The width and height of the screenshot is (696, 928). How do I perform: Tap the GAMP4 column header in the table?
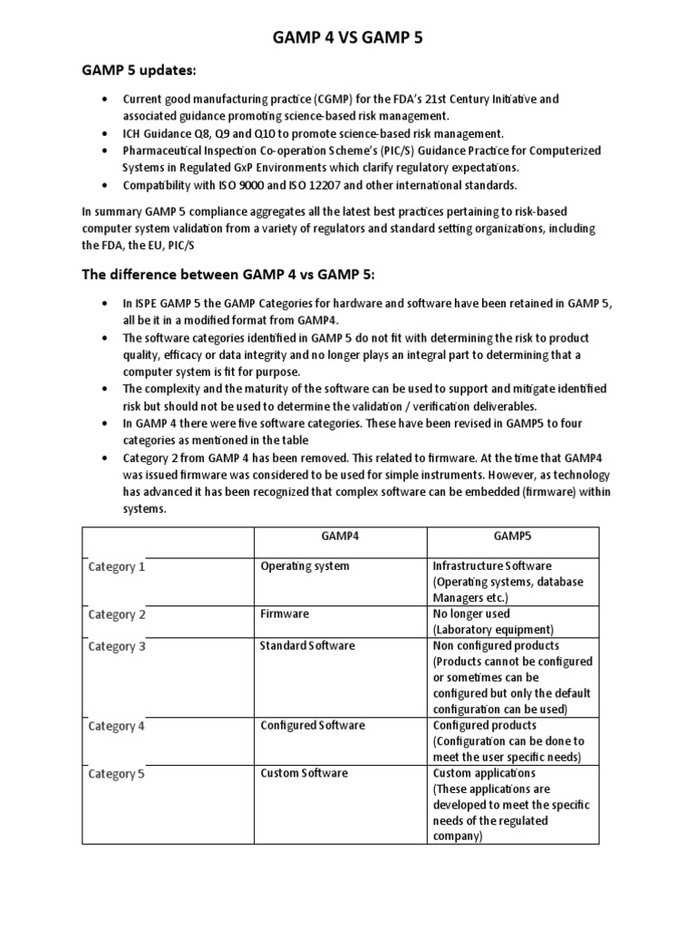coord(340,536)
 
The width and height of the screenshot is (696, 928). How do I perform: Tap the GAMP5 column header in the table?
coord(512,536)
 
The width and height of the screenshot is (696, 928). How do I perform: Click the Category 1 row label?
coord(117,567)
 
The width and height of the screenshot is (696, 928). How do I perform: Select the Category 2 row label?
coord(117,614)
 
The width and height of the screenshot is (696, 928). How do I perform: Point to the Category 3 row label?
coord(117,647)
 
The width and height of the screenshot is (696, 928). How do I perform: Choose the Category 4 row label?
coord(117,726)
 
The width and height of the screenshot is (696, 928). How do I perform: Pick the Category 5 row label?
coord(117,774)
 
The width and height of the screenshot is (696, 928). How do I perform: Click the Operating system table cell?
coord(304,566)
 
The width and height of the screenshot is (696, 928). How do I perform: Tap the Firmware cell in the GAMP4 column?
coord(285,614)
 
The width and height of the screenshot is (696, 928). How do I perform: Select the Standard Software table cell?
coord(308,645)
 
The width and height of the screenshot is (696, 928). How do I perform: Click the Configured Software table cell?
coord(313,725)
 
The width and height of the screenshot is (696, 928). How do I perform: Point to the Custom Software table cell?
coord(304,773)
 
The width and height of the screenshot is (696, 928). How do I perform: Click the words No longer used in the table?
coord(471,614)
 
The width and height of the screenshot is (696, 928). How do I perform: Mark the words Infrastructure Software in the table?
coord(492,566)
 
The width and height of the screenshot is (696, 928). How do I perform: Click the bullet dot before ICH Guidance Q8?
coord(109,133)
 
